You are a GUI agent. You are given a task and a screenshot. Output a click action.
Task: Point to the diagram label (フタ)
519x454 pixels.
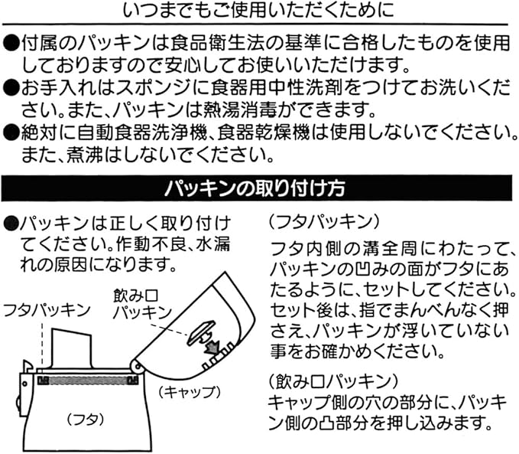pos(79,419)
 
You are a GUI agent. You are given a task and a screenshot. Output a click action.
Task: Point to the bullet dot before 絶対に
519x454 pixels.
pos(11,132)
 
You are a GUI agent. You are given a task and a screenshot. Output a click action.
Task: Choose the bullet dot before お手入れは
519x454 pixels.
pos(11,87)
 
